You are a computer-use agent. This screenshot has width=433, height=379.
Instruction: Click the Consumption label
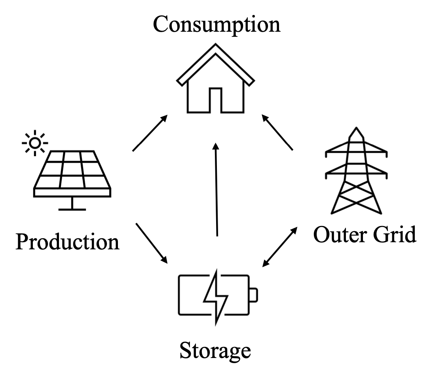coord(216,24)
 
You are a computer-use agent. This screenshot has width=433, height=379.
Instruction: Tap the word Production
coord(67,241)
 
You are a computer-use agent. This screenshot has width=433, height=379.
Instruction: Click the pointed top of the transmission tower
coord(356,132)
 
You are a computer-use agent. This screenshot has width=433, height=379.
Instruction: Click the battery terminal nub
coord(254,295)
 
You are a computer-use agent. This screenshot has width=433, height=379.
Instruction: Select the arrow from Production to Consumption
coord(149,134)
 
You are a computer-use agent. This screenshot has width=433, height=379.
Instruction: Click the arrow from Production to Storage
coord(152,243)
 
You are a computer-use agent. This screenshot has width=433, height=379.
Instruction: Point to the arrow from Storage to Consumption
coord(216,190)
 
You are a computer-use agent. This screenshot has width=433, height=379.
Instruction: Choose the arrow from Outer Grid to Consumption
coord(277,133)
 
